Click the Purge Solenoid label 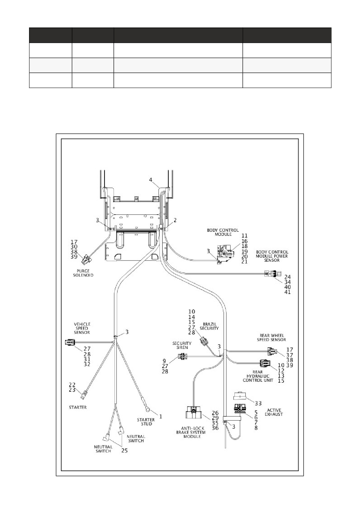[83, 273]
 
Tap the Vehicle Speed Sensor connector [70, 343]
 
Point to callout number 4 [151, 180]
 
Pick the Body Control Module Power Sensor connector [273, 274]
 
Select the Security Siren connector [182, 356]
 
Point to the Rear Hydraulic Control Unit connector [265, 363]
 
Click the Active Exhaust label [274, 412]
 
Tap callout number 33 [258, 403]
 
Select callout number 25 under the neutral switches [124, 451]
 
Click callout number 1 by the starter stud [160, 416]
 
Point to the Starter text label [78, 407]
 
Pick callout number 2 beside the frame [175, 220]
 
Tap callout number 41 [287, 292]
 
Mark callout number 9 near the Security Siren [164, 361]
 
